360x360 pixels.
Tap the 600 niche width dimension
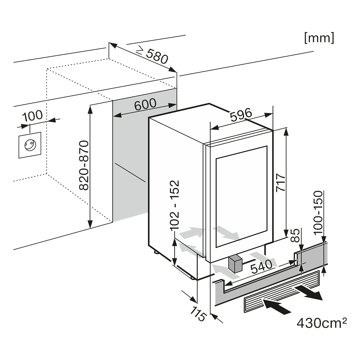click(x=145, y=104)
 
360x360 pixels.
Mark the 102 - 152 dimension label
click(x=174, y=205)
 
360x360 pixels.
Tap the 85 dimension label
click(x=294, y=235)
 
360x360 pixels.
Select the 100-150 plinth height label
click(x=319, y=213)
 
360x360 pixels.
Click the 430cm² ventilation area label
click(x=321, y=323)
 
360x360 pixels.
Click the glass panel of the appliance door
click(x=242, y=197)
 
